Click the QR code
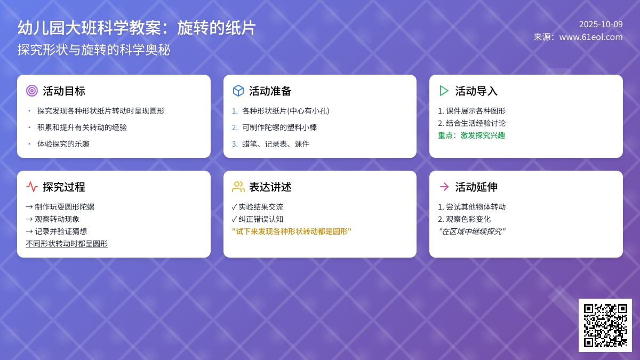coord(605,325)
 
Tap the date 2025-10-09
coord(601,24)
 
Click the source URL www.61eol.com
coord(590,37)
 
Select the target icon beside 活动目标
coord(32,91)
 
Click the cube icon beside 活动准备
coord(238,91)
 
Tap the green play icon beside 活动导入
coord(444,91)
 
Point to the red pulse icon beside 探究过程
coord(32,187)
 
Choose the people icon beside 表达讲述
coord(238,187)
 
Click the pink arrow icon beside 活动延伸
coord(444,187)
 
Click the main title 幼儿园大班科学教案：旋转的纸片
coord(137,28)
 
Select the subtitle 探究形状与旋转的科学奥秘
coord(94,50)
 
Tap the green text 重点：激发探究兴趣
coord(471,135)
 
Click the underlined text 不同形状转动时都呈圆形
coord(67,244)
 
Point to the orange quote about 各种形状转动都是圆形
coord(292,231)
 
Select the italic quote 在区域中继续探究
coord(471,231)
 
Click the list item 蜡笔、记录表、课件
coord(275,144)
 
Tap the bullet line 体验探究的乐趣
coord(63,144)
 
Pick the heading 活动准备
coord(270,91)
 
